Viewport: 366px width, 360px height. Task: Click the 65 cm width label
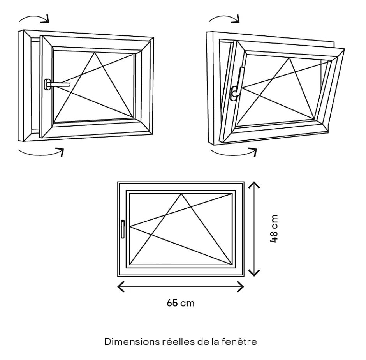click(x=180, y=303)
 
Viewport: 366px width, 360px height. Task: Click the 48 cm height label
click(x=274, y=229)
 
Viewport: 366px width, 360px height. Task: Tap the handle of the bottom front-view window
click(x=123, y=229)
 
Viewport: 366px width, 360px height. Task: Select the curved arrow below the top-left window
click(x=41, y=152)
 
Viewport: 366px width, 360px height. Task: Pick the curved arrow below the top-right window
click(x=234, y=152)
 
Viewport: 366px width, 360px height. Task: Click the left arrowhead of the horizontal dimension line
click(x=120, y=288)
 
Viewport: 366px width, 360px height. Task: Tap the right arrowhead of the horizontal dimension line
click(x=242, y=288)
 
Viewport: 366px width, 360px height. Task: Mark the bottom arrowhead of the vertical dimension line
click(x=254, y=274)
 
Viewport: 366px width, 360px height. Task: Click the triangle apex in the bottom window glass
click(x=181, y=194)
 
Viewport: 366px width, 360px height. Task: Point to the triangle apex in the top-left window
click(x=94, y=53)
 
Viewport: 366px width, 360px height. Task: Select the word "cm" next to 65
click(x=187, y=303)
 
